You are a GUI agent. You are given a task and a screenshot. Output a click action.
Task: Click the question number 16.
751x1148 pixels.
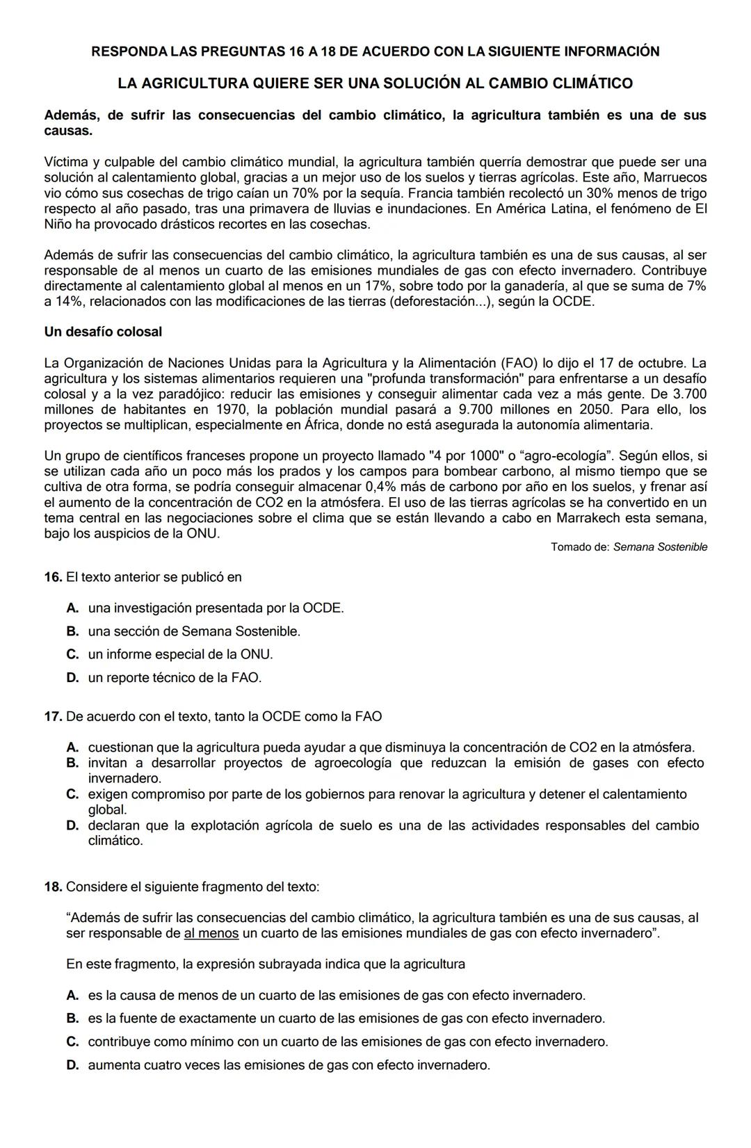tap(53, 577)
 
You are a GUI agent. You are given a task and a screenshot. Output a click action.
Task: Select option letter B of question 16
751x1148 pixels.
tap(72, 631)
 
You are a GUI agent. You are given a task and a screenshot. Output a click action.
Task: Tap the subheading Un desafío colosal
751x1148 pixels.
tap(103, 332)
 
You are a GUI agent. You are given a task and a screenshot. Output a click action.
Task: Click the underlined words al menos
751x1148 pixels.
tap(211, 933)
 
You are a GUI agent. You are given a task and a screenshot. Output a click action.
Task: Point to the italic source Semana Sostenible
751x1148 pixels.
tap(660, 547)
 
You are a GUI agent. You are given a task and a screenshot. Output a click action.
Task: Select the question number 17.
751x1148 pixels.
tap(53, 716)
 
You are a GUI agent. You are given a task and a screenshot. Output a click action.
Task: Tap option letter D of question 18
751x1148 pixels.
tap(72, 1065)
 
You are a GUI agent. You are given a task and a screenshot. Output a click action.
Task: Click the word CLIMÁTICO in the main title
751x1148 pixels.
tap(592, 83)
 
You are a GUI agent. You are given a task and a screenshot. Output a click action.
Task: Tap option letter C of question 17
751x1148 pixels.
tap(72, 794)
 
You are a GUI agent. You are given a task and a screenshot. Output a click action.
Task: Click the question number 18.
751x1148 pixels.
tap(53, 887)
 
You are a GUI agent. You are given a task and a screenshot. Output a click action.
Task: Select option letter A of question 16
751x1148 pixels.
tap(72, 608)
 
